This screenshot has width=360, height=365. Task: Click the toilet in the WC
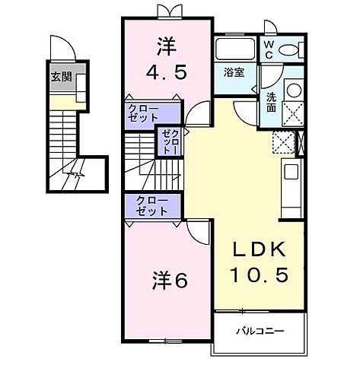pos(289,49)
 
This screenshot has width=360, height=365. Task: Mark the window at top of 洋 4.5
pos(167,11)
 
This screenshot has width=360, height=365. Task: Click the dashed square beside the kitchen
pos(283,142)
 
